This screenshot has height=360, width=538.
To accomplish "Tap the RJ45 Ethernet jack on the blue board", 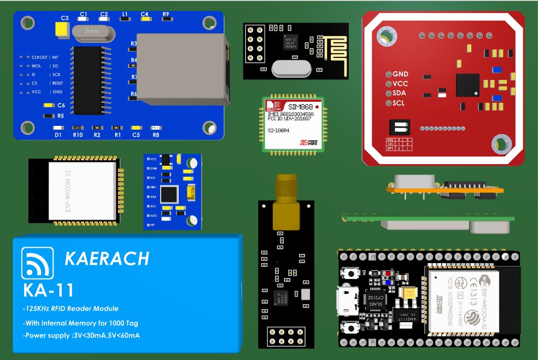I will point(183,68).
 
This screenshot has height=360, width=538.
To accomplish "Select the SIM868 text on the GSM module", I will point(300,107).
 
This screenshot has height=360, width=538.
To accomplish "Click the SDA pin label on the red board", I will point(400,93).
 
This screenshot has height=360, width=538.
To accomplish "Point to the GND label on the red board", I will point(400,74).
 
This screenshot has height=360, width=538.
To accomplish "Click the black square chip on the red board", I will point(467,85).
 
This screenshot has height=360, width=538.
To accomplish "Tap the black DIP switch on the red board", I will point(399,127).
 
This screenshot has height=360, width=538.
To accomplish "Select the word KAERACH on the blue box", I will point(107,258).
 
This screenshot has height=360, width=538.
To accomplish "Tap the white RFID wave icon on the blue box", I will point(37,264).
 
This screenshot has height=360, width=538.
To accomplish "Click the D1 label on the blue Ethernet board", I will point(57,135).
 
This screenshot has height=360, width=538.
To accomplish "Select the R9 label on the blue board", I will point(166,14).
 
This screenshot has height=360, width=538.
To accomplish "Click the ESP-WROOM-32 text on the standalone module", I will point(68,191).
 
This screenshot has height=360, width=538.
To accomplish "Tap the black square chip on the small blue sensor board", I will point(169,194).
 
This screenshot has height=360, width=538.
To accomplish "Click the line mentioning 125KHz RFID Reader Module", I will point(71,309).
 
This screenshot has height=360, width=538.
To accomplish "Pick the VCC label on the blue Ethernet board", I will point(37,92).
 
